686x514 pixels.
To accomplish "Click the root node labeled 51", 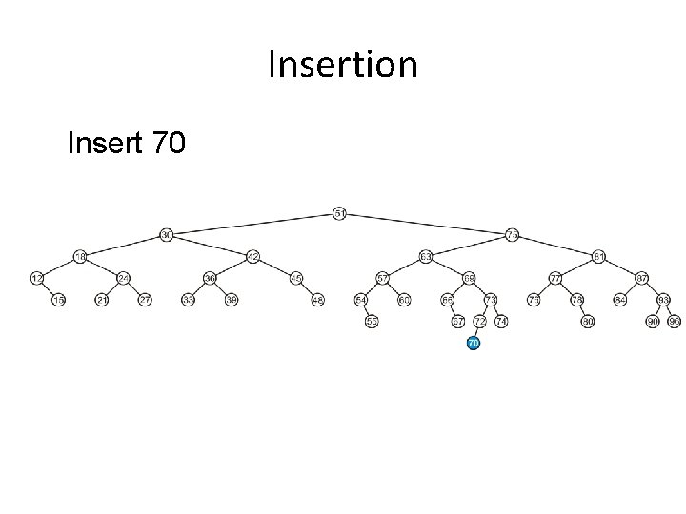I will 339,212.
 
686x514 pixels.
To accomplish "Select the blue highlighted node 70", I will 473,342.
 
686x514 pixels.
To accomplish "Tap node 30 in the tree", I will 166,234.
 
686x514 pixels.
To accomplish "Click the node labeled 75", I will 512,234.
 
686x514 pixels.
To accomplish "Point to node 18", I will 81,256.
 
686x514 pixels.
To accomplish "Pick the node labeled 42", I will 252,256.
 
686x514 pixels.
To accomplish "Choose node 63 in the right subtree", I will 425,256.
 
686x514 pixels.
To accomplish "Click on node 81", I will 598,256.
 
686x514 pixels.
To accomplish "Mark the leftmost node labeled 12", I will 37,278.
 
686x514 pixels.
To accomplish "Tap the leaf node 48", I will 318,300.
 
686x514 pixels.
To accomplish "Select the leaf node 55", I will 372,322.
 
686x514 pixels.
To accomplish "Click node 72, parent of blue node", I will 479,322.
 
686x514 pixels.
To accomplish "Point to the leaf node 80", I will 588,322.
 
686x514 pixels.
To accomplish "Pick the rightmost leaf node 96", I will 675,322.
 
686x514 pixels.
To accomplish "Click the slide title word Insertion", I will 343,66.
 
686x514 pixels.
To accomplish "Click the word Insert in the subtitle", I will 103,144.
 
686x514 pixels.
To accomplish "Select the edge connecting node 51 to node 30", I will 252,224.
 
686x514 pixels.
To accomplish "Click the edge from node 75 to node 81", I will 555,246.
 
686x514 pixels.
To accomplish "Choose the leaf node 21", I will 102,300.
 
